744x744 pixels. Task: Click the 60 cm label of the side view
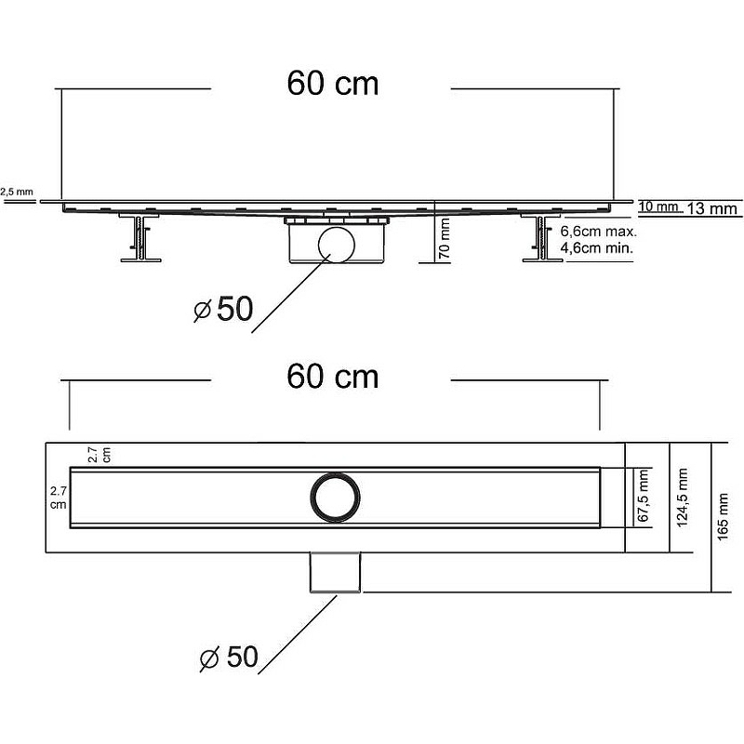[x=332, y=84]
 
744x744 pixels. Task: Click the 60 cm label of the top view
[x=332, y=377]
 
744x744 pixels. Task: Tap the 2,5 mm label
[x=16, y=192]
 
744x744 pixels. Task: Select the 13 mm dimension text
[x=711, y=209]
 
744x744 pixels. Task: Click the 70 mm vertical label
[x=445, y=239]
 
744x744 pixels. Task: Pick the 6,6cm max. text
[x=597, y=232]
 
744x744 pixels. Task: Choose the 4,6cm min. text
[x=597, y=248]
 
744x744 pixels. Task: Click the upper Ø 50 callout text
[x=223, y=310]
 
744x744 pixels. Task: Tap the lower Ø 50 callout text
[x=228, y=658]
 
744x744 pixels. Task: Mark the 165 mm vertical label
[x=724, y=517]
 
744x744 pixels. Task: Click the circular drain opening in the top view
[x=334, y=497]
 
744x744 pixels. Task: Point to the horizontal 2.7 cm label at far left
[x=59, y=496]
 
